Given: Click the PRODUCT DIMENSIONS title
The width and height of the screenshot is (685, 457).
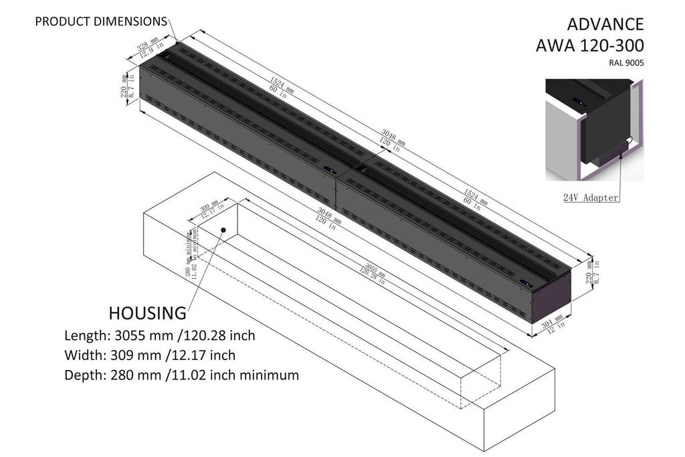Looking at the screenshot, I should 101,22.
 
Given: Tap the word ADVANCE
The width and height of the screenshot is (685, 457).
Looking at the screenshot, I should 605,25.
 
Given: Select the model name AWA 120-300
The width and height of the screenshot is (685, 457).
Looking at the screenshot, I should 590,46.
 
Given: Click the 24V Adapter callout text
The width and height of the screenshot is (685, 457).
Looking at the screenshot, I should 591,197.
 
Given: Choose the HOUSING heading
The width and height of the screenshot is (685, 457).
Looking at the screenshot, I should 147,312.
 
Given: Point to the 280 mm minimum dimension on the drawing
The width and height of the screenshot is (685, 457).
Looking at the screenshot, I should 189,258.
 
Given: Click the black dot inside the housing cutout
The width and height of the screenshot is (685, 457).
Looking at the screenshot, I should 223,230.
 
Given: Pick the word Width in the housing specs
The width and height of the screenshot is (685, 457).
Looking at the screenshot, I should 82,355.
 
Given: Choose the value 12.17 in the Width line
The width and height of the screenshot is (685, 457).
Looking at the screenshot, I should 189,355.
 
